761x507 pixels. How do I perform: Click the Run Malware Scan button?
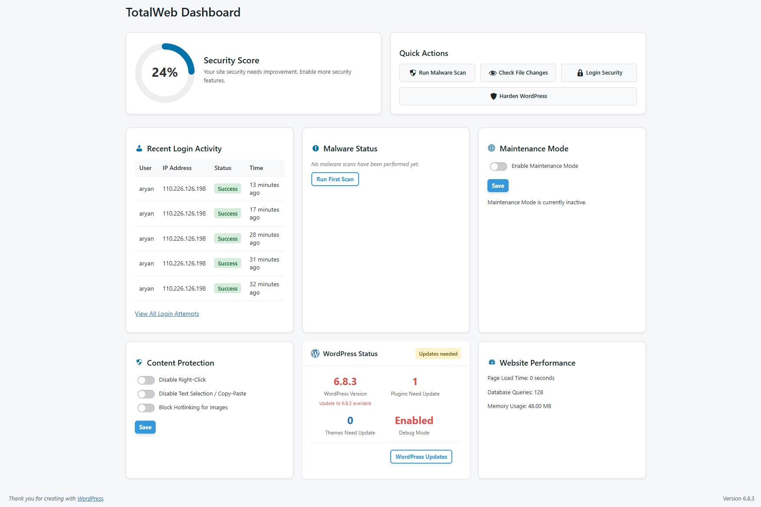[437, 73]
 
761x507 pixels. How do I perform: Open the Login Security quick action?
[599, 73]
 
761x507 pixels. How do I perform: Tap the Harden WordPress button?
[518, 96]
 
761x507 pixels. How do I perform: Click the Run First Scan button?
[335, 179]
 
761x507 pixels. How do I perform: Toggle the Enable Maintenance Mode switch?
[498, 167]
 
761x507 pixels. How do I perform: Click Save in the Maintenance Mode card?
[498, 186]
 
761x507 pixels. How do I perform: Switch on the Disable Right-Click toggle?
[146, 380]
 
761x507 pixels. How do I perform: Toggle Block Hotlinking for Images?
[146, 408]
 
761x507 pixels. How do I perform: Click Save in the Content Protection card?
[145, 427]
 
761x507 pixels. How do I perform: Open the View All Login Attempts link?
[167, 314]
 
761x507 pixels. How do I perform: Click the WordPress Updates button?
[421, 457]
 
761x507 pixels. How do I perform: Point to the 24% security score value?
[165, 72]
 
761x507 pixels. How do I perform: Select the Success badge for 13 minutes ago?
[228, 189]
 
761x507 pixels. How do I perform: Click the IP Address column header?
[177, 168]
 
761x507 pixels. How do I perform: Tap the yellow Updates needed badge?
[438, 354]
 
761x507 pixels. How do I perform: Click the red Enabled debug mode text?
[414, 420]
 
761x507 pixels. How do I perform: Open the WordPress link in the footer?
[90, 499]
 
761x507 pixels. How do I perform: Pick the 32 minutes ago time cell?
[265, 288]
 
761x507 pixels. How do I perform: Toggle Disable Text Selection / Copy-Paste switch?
[146, 394]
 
